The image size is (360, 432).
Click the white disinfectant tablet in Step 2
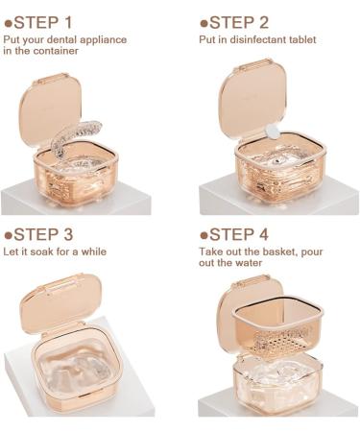point(272,131)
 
